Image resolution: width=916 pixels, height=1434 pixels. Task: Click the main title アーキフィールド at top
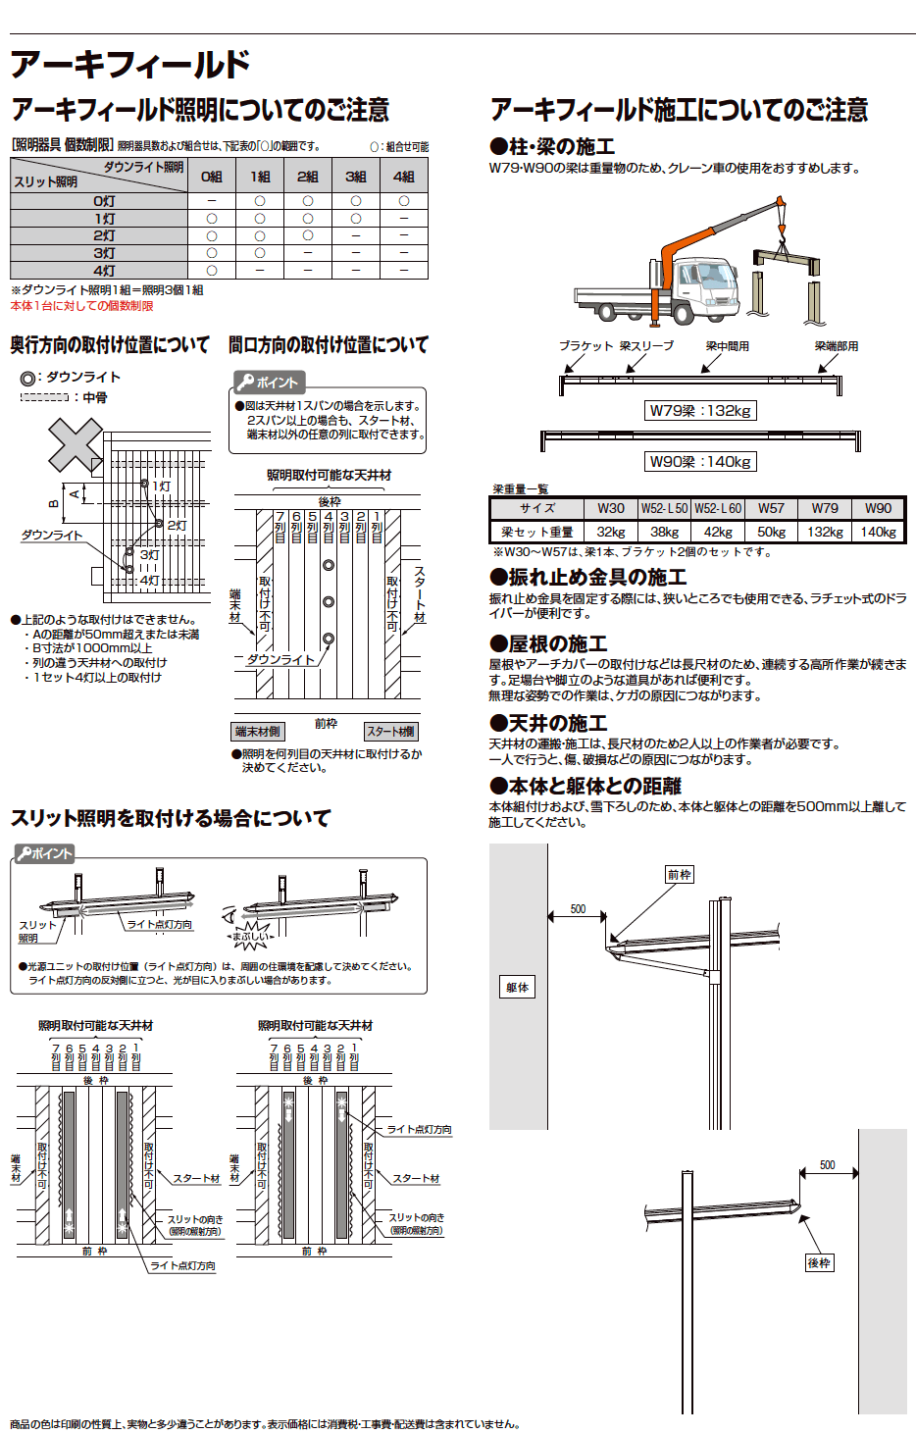click(129, 65)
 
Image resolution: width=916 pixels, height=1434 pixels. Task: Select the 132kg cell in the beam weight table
click(825, 532)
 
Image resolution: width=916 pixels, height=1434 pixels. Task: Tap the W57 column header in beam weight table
click(771, 508)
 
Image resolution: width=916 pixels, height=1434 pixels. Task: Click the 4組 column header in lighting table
click(404, 177)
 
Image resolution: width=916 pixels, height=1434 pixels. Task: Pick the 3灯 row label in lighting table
click(104, 253)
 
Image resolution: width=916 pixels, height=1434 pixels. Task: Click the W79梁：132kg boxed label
click(700, 411)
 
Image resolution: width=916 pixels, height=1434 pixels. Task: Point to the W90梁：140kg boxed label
click(700, 462)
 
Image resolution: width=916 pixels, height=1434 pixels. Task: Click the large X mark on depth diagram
click(76, 445)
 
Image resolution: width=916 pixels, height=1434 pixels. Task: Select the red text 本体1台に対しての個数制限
click(82, 306)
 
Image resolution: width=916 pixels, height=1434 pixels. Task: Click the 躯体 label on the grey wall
click(517, 988)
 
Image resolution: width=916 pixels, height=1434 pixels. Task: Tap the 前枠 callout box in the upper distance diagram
click(679, 875)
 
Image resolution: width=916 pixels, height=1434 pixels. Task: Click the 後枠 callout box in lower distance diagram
click(819, 1263)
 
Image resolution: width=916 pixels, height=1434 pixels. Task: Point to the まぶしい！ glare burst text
click(250, 937)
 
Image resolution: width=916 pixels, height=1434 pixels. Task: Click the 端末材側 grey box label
click(257, 732)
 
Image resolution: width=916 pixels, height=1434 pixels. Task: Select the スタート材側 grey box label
click(390, 732)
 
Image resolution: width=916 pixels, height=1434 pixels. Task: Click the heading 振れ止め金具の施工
click(588, 577)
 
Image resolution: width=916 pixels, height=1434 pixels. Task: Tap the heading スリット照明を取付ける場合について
click(171, 818)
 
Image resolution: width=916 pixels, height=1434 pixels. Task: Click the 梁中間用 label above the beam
click(727, 346)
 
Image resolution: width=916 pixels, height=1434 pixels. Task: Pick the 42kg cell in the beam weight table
click(718, 532)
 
